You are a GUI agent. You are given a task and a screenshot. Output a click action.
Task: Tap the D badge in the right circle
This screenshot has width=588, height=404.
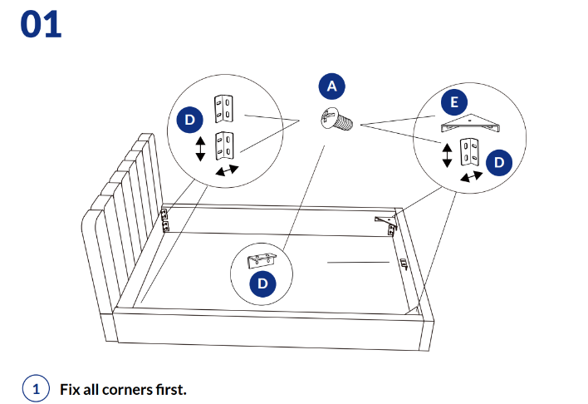(498, 162)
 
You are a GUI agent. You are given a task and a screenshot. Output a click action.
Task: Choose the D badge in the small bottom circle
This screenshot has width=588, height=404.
(263, 284)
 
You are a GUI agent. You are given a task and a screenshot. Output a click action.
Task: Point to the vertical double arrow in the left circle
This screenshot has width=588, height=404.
(200, 150)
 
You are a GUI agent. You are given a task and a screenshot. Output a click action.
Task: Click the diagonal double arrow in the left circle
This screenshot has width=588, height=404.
(226, 170)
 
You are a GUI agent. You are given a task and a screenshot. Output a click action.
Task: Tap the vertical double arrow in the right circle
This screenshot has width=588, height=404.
(448, 155)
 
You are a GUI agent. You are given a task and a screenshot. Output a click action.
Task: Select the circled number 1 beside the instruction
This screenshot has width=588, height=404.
(35, 388)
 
